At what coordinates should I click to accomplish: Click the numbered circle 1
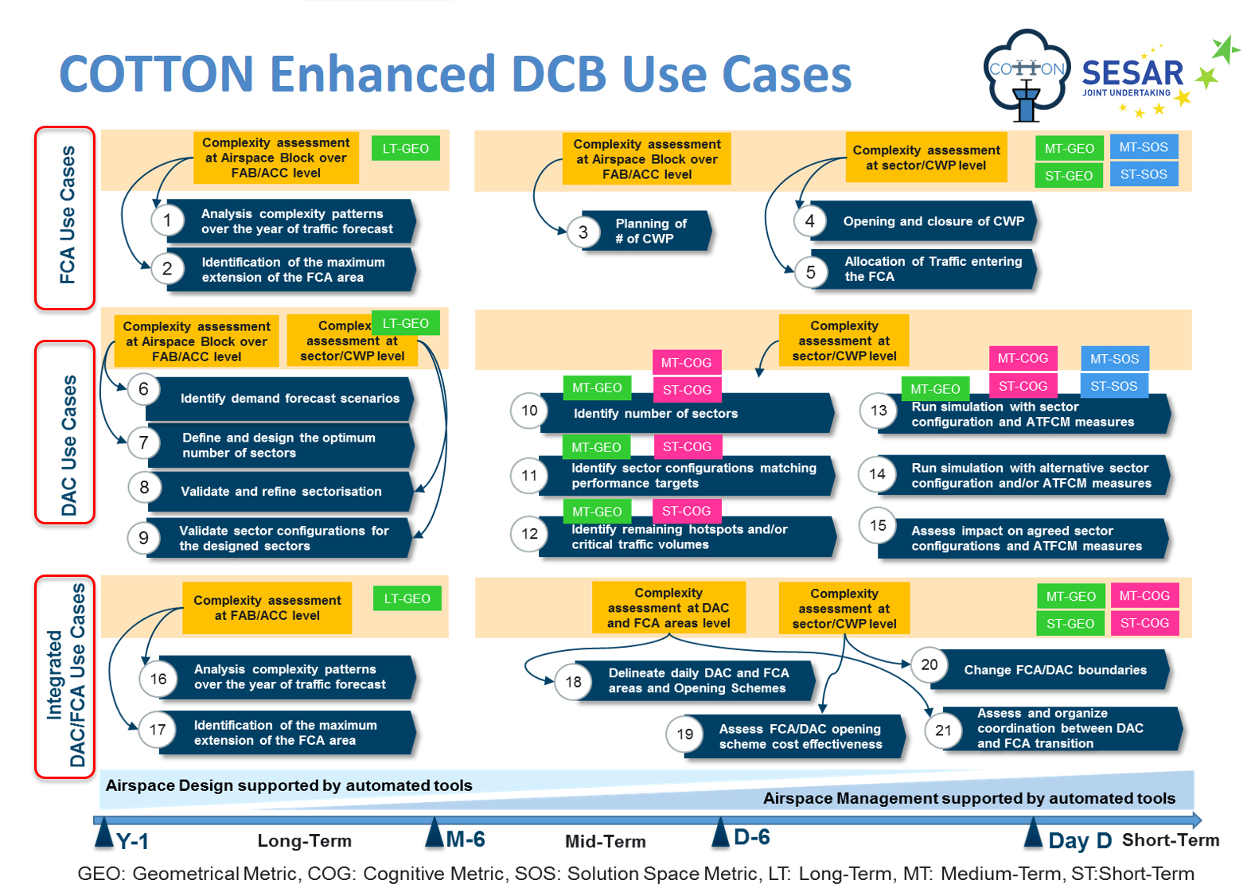tap(166, 220)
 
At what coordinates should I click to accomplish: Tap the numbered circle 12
tap(529, 533)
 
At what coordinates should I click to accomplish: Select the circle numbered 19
tap(684, 734)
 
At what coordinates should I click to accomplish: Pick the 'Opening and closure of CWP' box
tap(924, 221)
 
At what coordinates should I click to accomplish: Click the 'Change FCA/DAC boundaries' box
tap(1049, 670)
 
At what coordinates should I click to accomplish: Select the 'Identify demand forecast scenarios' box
tap(280, 399)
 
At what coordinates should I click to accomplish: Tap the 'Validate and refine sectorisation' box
tap(280, 492)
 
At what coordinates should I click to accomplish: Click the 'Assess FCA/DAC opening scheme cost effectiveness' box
tap(794, 736)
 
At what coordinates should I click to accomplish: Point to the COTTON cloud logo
tap(1027, 75)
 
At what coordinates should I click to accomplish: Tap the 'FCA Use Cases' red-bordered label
tap(64, 218)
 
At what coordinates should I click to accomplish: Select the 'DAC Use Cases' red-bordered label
tap(64, 432)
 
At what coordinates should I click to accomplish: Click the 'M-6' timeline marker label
tap(466, 839)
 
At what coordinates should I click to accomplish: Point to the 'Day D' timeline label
tap(1080, 840)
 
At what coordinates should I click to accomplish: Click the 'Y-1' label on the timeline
tap(132, 841)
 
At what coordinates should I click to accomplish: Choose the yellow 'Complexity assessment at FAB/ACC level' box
tap(267, 608)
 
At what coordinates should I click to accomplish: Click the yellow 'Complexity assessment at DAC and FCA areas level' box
tap(668, 608)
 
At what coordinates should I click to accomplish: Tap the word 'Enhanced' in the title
tap(383, 74)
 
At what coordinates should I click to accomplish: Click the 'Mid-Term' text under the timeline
tap(606, 841)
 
